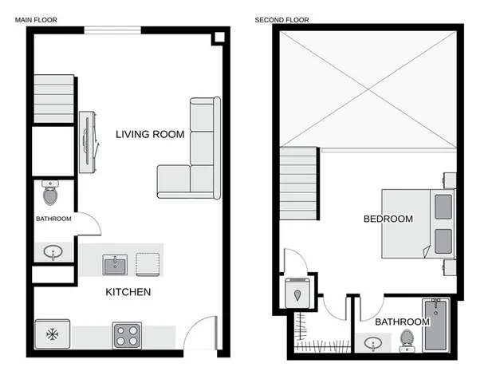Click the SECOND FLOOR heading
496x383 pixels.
click(281, 19)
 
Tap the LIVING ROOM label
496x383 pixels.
click(150, 134)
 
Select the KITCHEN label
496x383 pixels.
click(128, 292)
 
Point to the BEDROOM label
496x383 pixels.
click(388, 219)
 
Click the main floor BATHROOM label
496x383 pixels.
click(53, 219)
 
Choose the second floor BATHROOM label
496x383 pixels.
click(402, 322)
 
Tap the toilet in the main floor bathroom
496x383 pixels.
click(49, 193)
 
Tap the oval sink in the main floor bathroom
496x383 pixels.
click(53, 253)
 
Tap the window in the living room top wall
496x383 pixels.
click(112, 30)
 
